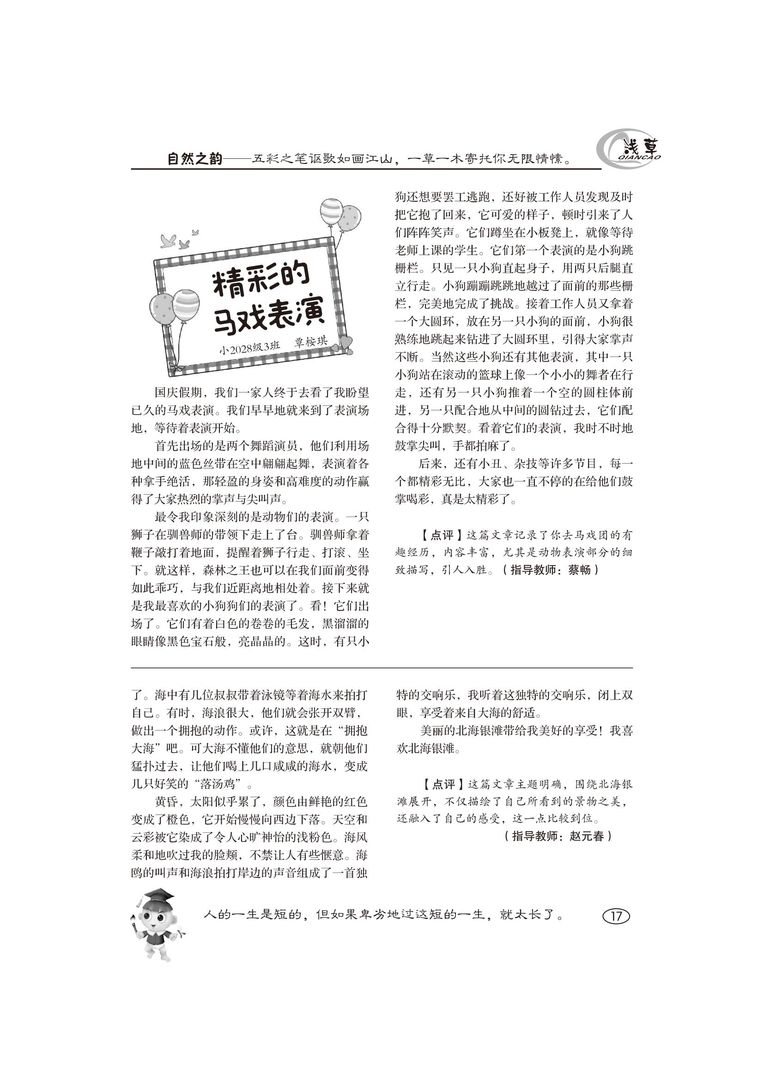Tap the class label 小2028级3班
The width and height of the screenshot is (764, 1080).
[x=250, y=349]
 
